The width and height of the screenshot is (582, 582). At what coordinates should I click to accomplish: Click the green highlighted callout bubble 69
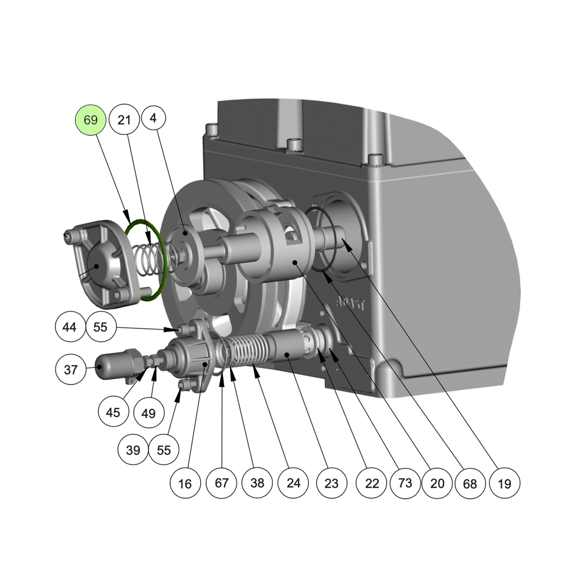(91, 120)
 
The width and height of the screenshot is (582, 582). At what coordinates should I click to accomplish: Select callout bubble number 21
(125, 119)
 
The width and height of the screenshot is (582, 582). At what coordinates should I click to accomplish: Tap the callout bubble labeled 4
(153, 118)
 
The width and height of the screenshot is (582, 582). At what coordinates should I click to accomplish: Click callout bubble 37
(70, 370)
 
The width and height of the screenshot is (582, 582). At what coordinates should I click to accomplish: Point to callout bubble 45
(113, 412)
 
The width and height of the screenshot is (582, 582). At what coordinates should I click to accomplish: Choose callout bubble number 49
(148, 413)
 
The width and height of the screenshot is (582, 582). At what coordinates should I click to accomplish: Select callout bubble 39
(133, 449)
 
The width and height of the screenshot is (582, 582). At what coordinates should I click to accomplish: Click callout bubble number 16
(185, 483)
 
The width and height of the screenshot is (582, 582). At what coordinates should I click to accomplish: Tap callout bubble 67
(222, 482)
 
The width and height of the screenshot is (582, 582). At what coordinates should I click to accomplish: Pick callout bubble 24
(293, 482)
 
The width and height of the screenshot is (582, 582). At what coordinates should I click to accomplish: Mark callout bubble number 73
(405, 482)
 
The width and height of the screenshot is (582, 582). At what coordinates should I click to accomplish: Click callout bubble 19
(505, 483)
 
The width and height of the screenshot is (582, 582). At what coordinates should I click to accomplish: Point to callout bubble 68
(470, 483)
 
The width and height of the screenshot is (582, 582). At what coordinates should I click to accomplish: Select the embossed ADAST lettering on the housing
(350, 304)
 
